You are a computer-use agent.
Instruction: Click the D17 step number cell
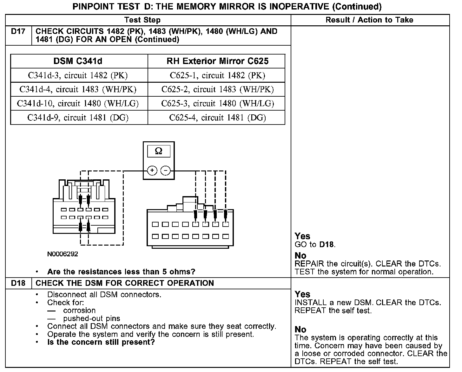(x=18, y=32)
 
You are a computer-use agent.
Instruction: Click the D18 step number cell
(x=18, y=283)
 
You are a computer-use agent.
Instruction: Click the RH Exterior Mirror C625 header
(x=217, y=61)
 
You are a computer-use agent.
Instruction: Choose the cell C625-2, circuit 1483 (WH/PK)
(x=217, y=90)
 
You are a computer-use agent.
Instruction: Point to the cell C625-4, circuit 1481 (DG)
(x=217, y=118)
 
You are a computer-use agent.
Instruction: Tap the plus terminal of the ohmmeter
(x=152, y=171)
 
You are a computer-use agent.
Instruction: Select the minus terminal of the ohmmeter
(x=165, y=171)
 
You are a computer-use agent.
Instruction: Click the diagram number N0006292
(x=63, y=254)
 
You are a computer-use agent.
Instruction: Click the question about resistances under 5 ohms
(x=121, y=272)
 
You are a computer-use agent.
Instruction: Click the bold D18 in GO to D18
(x=327, y=245)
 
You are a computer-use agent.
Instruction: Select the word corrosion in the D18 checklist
(x=79, y=311)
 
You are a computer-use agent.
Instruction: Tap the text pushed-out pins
(x=92, y=318)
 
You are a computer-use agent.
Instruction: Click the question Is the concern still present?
(x=101, y=342)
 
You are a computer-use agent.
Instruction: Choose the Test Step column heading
(x=142, y=20)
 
